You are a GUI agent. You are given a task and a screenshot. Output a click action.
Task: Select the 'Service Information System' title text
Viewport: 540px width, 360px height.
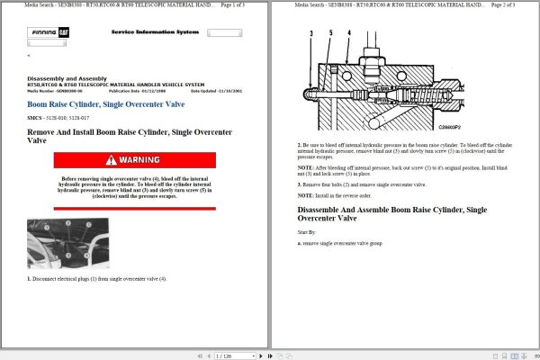point(154,31)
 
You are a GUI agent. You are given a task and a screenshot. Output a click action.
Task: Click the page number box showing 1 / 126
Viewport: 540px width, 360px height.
point(226,355)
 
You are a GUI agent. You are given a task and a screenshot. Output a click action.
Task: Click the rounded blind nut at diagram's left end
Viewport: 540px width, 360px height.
point(310,93)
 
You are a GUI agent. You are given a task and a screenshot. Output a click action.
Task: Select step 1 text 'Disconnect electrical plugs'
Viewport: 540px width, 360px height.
point(99,278)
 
